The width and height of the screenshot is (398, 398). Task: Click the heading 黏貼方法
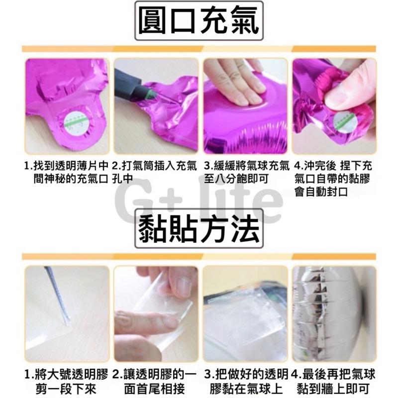pyautogui.click(x=199, y=229)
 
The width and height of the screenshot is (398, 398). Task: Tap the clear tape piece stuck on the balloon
pyautogui.click(x=244, y=313)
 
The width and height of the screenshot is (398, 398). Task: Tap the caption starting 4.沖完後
pyautogui.click(x=334, y=178)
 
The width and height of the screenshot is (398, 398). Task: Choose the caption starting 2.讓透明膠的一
pyautogui.click(x=155, y=380)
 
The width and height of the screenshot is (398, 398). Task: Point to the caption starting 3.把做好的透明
pyautogui.click(x=245, y=380)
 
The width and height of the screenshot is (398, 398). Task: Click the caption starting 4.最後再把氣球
pyautogui.click(x=334, y=380)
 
